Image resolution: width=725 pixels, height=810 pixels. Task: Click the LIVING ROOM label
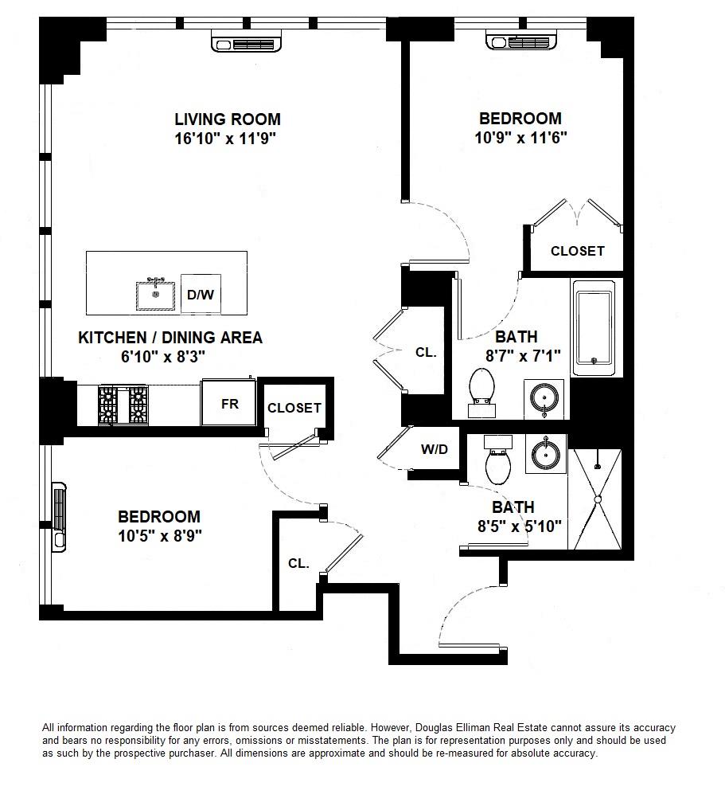tap(228, 119)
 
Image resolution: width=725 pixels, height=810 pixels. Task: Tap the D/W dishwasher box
tap(200, 295)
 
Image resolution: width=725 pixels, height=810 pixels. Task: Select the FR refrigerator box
tap(230, 404)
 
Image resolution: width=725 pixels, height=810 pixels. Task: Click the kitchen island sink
tap(156, 295)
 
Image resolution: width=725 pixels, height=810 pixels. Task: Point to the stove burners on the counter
tap(123, 404)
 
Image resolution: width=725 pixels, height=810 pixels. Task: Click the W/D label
tap(435, 450)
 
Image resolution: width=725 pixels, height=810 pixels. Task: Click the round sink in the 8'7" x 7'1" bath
tap(544, 397)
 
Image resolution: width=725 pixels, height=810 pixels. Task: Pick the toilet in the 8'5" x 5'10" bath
tap(497, 464)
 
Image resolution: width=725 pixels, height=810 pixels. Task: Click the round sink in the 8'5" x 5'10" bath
tap(546, 455)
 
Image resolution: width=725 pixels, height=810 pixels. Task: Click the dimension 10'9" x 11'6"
tap(520, 137)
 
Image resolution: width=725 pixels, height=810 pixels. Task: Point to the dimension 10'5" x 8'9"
tap(159, 536)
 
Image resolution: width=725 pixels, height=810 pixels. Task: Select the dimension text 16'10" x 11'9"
tap(228, 138)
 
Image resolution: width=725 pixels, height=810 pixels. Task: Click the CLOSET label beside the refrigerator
tap(294, 408)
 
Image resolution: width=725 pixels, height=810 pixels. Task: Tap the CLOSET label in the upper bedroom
tap(578, 251)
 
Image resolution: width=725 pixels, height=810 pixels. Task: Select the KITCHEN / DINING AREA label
tap(170, 338)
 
